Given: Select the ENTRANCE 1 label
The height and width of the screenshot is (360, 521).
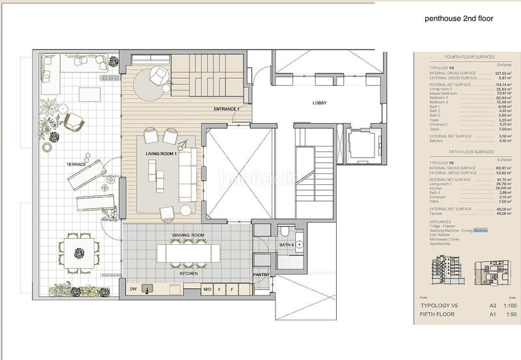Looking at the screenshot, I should click(x=227, y=109).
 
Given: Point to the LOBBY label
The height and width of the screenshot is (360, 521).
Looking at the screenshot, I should click(x=319, y=104).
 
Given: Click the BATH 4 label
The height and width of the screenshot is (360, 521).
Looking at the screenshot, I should click(x=287, y=245).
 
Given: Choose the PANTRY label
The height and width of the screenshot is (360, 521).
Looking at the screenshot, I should click(x=262, y=275).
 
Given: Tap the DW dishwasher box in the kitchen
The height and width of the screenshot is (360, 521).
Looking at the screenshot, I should click(x=132, y=288).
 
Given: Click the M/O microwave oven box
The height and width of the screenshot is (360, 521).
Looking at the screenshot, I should click(x=207, y=288).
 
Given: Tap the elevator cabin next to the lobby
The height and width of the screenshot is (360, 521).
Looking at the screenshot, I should click(x=358, y=141).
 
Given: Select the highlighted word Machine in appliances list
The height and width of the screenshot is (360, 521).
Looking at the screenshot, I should click(x=481, y=230).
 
